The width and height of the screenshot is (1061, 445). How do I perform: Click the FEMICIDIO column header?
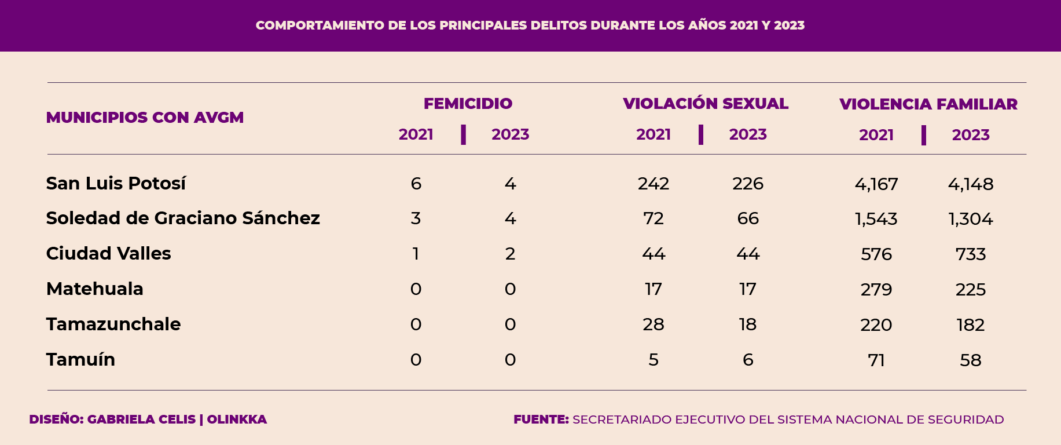468,104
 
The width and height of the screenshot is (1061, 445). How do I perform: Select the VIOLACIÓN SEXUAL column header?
705,104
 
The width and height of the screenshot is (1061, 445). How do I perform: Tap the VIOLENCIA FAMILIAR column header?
928,104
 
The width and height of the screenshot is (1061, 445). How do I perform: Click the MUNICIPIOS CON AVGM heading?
145,118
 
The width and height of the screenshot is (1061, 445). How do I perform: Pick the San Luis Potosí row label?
116,184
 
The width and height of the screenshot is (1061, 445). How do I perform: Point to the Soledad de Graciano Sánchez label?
183,218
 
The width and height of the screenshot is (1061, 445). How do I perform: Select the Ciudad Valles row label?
108,254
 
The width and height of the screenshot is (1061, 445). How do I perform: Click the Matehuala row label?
94,289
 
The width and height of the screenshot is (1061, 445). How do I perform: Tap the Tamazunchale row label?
113,324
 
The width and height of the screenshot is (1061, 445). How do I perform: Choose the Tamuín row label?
80,360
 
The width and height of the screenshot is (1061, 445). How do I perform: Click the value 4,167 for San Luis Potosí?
876,184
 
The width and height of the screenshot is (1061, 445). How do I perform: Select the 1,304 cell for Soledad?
970,219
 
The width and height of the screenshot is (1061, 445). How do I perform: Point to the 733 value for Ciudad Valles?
970,254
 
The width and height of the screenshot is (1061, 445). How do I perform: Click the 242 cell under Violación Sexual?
653,184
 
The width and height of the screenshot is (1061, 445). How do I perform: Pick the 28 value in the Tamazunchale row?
653,324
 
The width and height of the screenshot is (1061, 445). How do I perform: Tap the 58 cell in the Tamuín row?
970,360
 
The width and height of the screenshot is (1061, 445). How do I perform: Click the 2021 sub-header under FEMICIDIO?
416,134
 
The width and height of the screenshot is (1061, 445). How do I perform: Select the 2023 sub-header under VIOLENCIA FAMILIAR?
970,135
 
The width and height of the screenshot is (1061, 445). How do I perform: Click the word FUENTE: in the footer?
541,420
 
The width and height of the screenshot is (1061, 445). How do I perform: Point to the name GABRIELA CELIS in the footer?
141,420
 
